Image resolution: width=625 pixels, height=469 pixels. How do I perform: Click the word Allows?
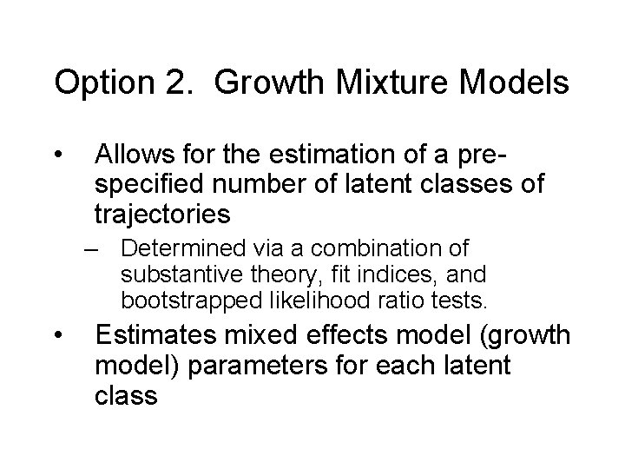(135, 156)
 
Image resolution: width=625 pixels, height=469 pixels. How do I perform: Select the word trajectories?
(163, 213)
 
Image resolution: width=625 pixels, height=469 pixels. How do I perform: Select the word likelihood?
(293, 301)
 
